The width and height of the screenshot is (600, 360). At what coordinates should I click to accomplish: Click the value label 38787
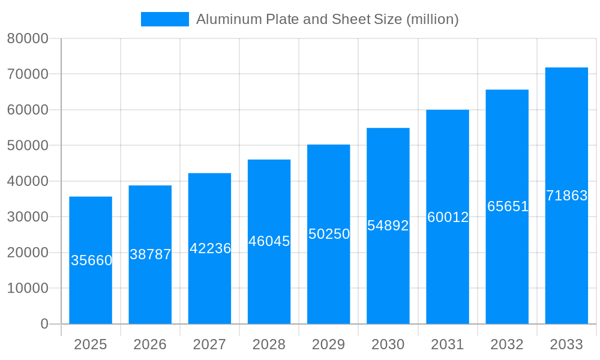151,254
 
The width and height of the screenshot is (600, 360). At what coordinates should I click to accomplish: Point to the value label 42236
210,248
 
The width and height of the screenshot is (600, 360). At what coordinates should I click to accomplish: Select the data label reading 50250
329,234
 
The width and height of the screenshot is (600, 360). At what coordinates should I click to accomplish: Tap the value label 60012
448,217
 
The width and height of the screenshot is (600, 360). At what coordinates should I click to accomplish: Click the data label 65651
508,206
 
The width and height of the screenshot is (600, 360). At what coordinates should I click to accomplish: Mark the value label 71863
566,196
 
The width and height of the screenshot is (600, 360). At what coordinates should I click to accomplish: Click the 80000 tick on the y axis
28,39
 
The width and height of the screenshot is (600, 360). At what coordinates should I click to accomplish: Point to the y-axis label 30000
28,217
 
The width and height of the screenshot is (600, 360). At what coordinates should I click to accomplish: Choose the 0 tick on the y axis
44,324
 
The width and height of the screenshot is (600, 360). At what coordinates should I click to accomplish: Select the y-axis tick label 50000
28,146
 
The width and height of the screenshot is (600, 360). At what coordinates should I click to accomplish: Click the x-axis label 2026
150,344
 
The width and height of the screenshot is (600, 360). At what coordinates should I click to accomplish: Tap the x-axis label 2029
329,344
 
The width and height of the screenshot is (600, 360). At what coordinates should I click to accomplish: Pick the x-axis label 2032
507,344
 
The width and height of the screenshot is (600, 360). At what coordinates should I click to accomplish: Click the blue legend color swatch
164,19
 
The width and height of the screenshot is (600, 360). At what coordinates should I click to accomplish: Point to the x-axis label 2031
448,344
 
